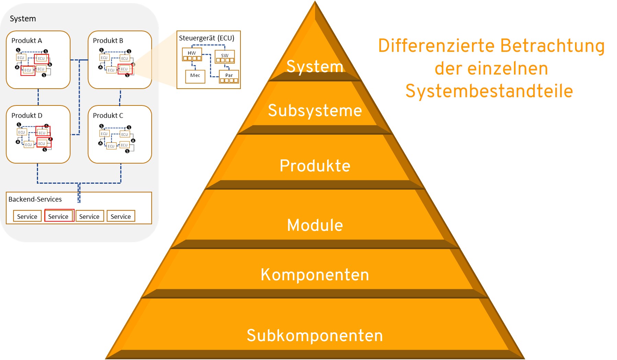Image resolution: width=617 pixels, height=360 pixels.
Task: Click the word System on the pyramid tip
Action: (315, 66)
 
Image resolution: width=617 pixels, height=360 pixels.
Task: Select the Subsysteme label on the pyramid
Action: (315, 111)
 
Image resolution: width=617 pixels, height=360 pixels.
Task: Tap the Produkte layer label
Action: (315, 166)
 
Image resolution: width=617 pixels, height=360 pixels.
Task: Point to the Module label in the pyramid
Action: (315, 225)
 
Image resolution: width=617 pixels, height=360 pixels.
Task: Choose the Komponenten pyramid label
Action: (315, 275)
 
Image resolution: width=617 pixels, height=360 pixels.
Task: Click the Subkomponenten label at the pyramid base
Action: (315, 336)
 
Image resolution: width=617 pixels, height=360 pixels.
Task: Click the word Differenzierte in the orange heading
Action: (436, 46)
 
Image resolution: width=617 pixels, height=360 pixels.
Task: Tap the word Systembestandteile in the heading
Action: (489, 91)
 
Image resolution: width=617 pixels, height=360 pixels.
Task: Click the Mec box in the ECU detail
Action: (195, 76)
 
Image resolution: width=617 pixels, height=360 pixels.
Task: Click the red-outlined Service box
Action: (58, 216)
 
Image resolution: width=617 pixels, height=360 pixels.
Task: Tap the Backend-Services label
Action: (35, 199)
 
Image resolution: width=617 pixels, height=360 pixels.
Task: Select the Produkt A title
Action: (26, 41)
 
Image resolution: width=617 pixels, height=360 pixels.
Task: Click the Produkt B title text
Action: (108, 41)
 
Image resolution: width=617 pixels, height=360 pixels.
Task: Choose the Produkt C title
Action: (108, 115)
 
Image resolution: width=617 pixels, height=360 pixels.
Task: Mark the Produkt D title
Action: (27, 115)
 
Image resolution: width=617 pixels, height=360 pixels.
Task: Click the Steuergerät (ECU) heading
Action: (206, 38)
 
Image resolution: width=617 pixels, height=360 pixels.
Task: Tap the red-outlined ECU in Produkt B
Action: (124, 69)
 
